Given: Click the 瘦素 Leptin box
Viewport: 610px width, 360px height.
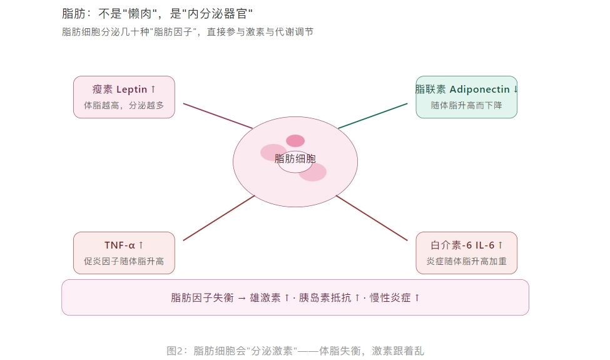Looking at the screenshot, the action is tap(124, 97).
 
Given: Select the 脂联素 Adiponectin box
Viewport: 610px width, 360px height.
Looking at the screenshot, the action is tap(467, 97).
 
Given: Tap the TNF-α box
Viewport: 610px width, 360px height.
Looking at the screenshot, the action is tap(124, 253).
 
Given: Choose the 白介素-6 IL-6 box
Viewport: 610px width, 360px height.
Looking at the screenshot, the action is tap(467, 253).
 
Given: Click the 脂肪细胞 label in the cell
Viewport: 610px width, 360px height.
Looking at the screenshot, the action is tap(295, 159).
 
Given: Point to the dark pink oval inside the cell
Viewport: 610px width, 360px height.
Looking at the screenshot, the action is tap(295, 140).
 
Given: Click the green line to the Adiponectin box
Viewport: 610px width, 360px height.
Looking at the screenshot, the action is tap(373, 116).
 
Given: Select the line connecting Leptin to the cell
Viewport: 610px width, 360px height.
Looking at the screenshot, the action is tap(218, 116).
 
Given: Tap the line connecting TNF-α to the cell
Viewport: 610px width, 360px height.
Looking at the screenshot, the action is tap(218, 218).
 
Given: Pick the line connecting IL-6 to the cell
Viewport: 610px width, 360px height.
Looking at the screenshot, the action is tap(372, 218).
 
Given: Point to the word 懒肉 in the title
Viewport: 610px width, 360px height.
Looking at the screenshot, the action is tap(140, 14).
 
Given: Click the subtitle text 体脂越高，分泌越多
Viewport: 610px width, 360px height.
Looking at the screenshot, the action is tap(124, 105).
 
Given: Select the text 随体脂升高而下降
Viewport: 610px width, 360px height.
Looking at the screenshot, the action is tap(467, 105).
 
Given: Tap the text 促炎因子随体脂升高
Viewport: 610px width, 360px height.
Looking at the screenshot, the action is tap(124, 261).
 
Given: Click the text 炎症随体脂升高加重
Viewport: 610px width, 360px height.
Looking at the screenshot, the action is tap(467, 261).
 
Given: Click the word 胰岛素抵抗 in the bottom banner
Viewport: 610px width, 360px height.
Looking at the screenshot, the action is tap(325, 298).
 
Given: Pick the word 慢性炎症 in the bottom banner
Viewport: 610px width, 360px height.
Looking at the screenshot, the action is tap(390, 298).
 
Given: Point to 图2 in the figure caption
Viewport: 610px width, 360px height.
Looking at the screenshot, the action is tap(175, 351).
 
